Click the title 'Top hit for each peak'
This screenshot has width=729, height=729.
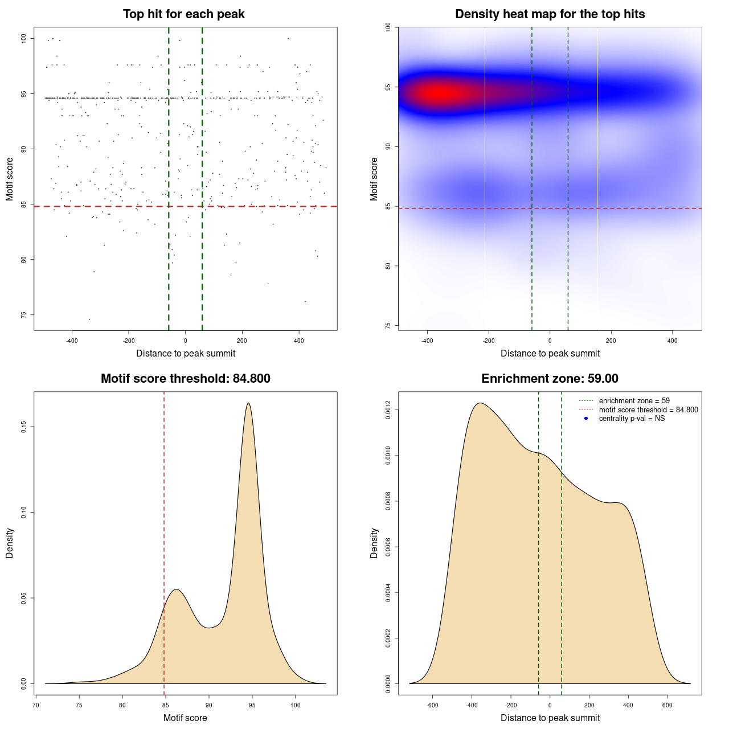point(183,14)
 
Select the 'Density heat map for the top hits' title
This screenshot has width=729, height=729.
point(550,14)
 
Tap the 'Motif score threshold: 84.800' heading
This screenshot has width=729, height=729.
point(185,379)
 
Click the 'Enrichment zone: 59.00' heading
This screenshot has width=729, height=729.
point(550,379)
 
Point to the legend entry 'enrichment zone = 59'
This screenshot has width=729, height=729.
point(634,401)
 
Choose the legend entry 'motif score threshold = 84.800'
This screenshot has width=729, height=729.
point(648,410)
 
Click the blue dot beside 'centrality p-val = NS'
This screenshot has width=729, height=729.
point(586,419)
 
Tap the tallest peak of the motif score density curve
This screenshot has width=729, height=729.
point(248,403)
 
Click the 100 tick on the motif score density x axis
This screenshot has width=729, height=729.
point(295,705)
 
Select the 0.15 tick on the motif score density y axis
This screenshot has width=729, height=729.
point(24,427)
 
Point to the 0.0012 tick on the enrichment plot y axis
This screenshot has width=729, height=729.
point(388,409)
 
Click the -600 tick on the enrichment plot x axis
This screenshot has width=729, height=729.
point(433,705)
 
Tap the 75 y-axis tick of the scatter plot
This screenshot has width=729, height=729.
point(24,315)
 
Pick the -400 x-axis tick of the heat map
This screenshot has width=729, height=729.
point(427,341)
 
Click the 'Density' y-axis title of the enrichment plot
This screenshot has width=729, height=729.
point(374,543)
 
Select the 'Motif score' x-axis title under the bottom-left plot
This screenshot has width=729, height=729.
point(185,718)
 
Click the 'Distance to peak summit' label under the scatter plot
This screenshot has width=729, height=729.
point(186,353)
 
